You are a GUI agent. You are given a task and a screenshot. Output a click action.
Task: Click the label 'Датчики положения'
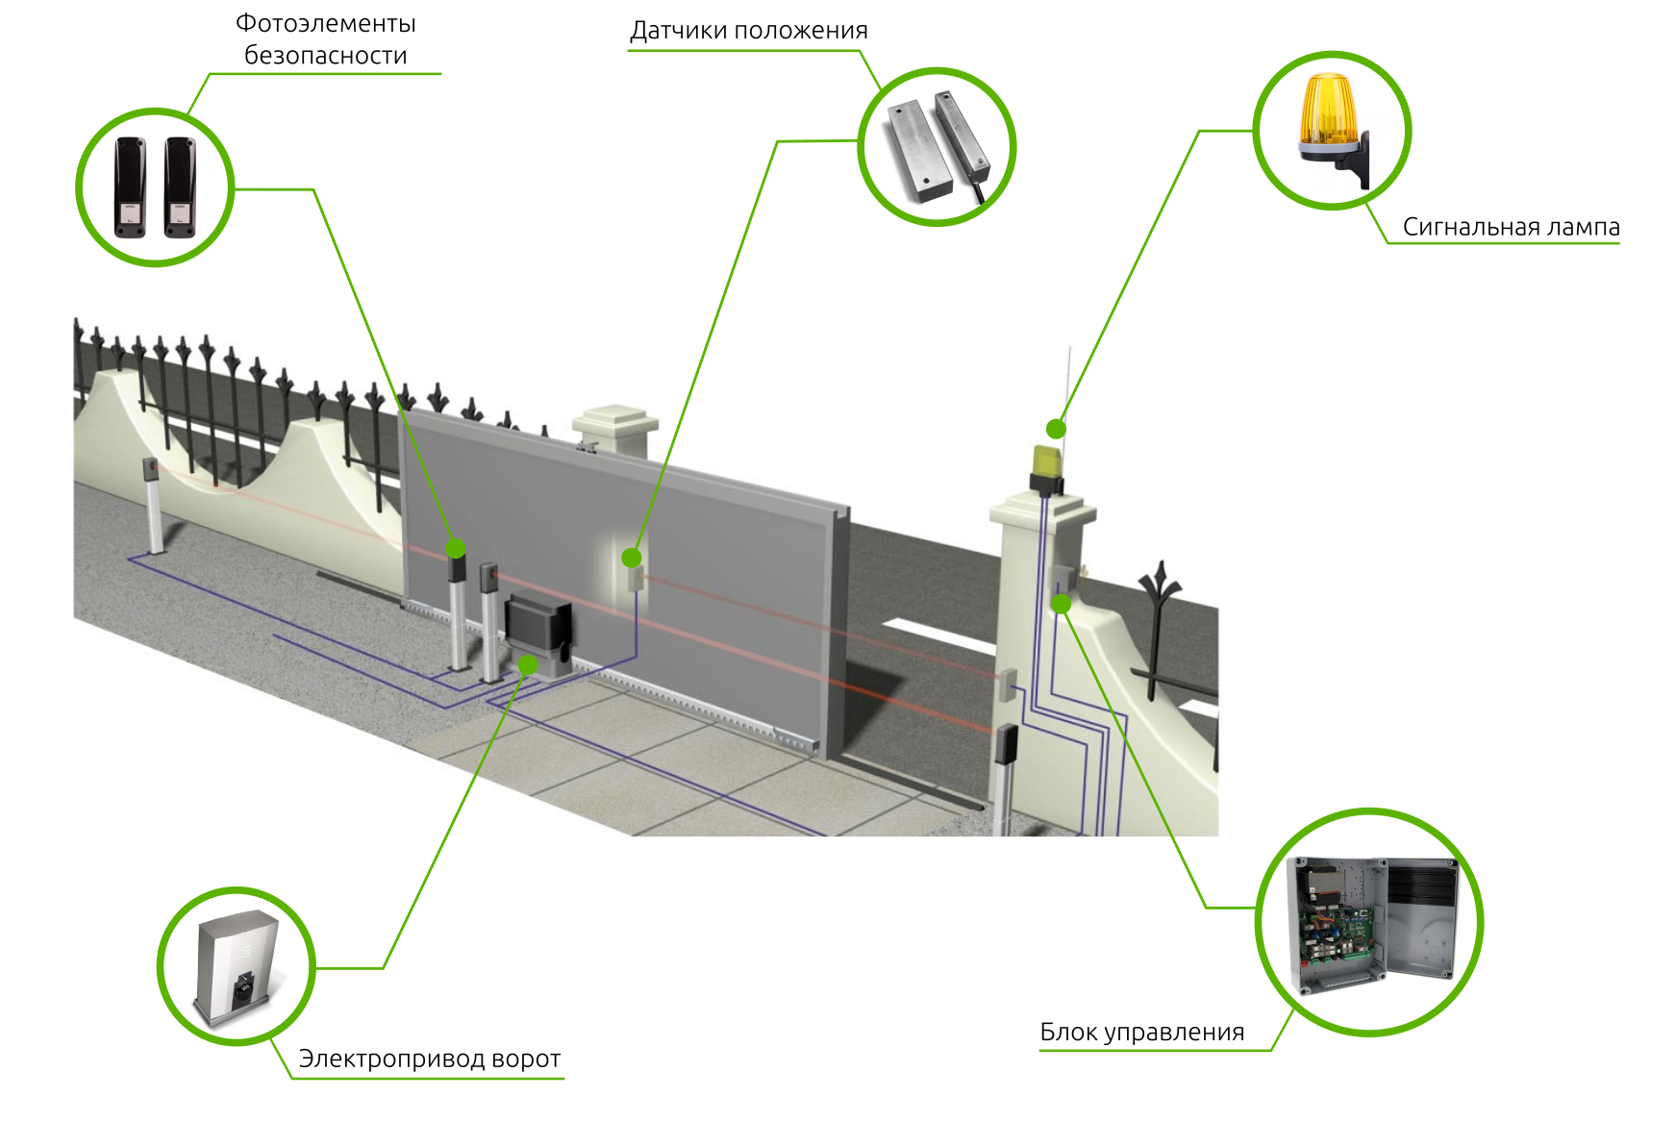point(748,31)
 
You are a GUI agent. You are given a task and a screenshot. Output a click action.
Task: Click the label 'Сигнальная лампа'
point(1511,227)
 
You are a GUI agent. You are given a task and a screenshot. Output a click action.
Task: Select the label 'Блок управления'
point(1141,1033)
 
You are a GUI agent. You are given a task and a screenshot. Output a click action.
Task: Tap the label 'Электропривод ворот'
point(429,1059)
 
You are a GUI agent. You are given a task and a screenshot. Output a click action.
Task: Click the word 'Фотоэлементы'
point(326,23)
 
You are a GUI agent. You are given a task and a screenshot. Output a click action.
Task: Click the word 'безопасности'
point(326,56)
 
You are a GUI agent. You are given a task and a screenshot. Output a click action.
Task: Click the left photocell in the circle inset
point(130,187)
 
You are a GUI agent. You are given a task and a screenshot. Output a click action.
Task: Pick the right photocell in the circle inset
point(180,187)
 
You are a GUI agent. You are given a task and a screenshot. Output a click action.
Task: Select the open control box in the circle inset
point(1371,924)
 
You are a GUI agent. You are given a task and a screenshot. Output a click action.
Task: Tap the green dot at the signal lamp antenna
point(1056,429)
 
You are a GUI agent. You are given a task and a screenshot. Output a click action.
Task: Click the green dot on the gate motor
point(528,665)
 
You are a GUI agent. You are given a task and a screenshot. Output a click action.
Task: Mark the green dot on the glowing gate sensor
point(632,558)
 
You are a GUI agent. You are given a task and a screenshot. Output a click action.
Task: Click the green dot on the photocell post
point(456,549)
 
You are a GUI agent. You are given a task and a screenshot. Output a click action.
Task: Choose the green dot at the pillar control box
point(1061,604)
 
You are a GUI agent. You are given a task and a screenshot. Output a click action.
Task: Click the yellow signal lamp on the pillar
point(1045,461)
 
